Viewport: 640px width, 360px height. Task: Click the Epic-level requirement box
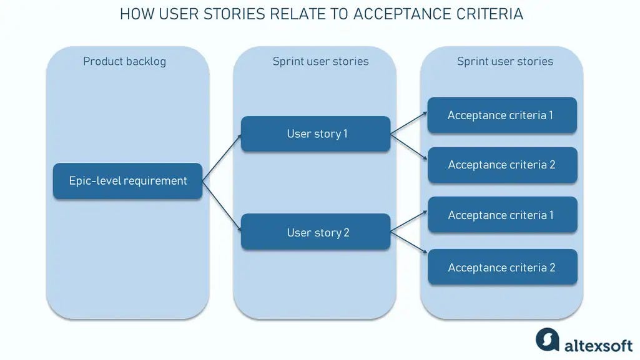[x=128, y=181]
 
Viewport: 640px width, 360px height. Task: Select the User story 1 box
[x=316, y=134]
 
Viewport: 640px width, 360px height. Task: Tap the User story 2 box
[x=316, y=232]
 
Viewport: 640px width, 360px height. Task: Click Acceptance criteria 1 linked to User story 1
[x=502, y=115]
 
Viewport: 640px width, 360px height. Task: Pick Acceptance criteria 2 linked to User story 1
[x=502, y=165]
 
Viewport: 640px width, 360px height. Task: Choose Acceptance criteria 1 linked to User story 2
[x=502, y=215]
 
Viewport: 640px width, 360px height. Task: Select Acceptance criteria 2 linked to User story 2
[x=502, y=267]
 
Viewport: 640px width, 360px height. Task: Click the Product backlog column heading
[x=124, y=61]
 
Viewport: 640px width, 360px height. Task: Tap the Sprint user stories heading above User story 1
[x=320, y=61]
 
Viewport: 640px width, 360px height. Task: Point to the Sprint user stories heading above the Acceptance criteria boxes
[x=505, y=61]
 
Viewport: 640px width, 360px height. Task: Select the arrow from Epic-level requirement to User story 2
[x=222, y=206]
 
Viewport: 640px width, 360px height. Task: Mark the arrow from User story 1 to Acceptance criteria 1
[x=409, y=124]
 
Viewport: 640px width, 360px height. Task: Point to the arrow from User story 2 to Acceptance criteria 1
[x=409, y=223]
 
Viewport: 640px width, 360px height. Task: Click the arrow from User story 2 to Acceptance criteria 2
[x=409, y=243]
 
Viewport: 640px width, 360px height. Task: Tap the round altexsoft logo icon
[x=547, y=339]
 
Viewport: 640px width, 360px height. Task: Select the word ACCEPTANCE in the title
[x=396, y=14]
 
